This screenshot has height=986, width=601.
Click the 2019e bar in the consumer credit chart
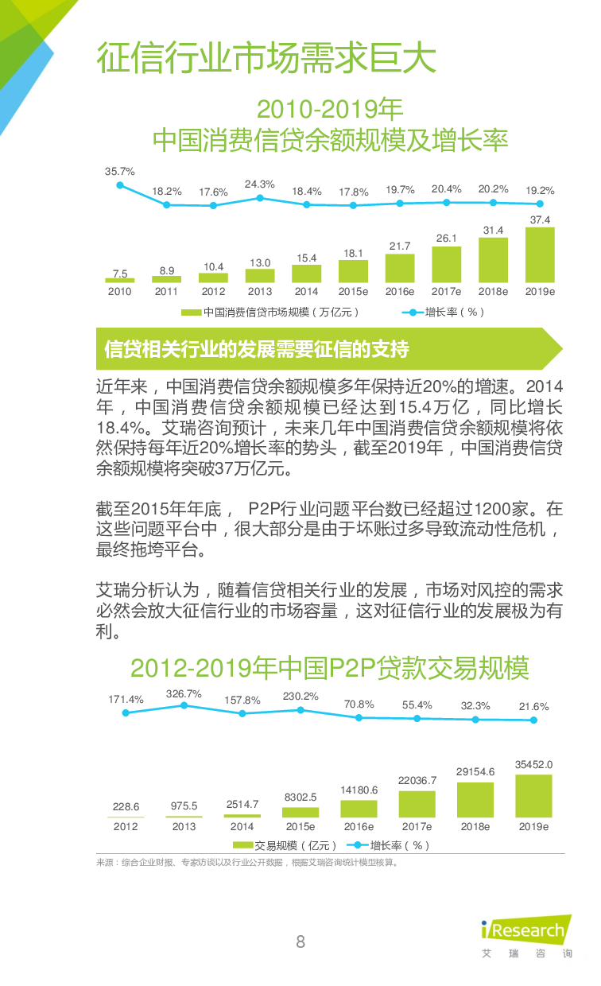tap(540, 255)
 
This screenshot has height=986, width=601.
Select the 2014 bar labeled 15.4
tap(306, 274)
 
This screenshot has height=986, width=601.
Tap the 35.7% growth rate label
tap(120, 171)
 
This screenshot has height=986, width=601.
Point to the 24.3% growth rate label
tap(259, 184)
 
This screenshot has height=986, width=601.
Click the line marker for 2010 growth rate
tap(120, 185)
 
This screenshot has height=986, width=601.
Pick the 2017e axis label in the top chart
tap(446, 292)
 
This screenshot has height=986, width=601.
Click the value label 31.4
tap(493, 231)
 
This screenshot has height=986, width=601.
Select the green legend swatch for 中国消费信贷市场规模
tap(191, 312)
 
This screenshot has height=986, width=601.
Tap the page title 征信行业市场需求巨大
tap(266, 59)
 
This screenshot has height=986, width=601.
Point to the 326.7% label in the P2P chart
tap(184, 694)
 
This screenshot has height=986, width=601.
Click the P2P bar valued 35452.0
tap(533, 796)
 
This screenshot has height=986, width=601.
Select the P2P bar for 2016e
tap(359, 809)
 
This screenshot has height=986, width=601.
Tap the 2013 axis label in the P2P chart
tap(184, 827)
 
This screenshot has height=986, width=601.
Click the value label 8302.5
tap(300, 797)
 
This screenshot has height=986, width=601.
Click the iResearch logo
tap(526, 931)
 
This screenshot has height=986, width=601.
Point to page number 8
tap(300, 942)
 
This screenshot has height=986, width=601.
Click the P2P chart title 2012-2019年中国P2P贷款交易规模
tap(330, 668)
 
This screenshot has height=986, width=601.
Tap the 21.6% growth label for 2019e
tap(533, 706)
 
